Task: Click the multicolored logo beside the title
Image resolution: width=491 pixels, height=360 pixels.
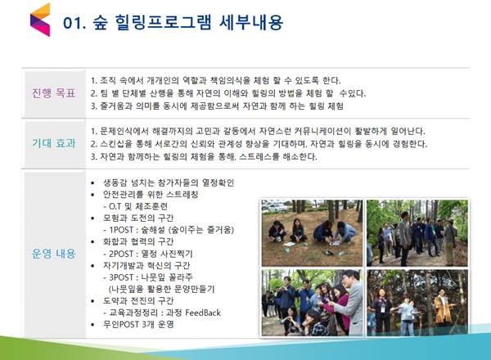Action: pyautogui.click(x=40, y=20)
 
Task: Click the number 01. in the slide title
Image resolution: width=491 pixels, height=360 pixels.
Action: pyautogui.click(x=74, y=23)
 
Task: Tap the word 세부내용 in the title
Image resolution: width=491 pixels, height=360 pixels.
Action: pyautogui.click(x=251, y=22)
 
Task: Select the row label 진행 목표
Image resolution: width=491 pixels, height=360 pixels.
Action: pyautogui.click(x=54, y=93)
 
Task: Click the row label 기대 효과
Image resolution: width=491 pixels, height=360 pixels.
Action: pyautogui.click(x=54, y=143)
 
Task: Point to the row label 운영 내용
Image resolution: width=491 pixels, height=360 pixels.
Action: pyautogui.click(x=54, y=254)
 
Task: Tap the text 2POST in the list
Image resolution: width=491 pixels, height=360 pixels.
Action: pyautogui.click(x=121, y=254)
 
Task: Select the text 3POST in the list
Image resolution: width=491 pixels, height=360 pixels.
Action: pyautogui.click(x=121, y=277)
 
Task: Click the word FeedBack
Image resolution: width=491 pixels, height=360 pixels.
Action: pyautogui.click(x=203, y=313)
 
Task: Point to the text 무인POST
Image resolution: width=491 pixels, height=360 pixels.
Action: pyautogui.click(x=121, y=324)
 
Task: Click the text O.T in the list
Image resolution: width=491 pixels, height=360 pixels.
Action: pyautogui.click(x=115, y=207)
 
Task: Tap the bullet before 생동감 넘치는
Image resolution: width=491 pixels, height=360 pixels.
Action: pyautogui.click(x=92, y=182)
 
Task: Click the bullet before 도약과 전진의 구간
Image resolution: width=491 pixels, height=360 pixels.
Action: pyautogui.click(x=92, y=301)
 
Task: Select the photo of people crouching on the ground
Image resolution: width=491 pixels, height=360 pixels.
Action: pyautogui.click(x=313, y=233)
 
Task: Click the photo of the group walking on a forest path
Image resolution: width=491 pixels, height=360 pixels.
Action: pyautogui.click(x=417, y=233)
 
